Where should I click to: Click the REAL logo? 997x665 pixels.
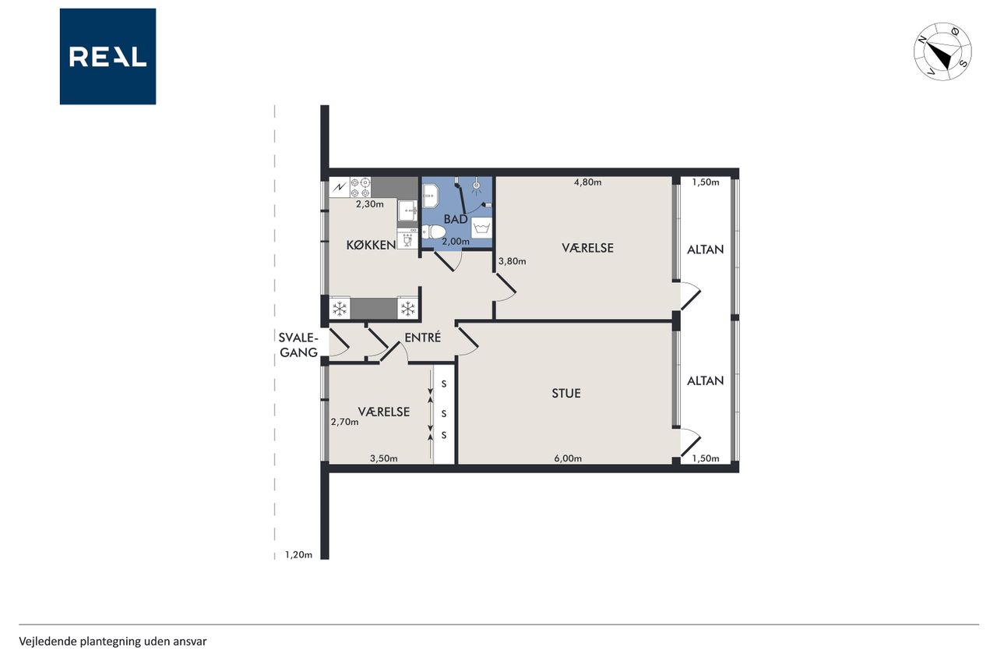pos(107,57)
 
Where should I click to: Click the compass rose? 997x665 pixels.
pos(942,51)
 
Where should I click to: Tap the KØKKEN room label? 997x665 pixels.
pos(372,245)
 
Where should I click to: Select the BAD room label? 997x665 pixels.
pos(456,219)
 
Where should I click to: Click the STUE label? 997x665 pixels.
pos(566,393)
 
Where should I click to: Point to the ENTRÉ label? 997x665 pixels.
pos(422,337)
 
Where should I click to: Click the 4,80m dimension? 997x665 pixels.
pos(587,182)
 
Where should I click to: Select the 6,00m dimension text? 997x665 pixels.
pos(568,458)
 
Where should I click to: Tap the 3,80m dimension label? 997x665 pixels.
pos(512,261)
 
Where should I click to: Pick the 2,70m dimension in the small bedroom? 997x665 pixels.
pos(344,422)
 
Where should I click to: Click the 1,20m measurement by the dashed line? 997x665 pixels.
pos(298,555)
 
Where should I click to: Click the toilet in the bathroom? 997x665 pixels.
pos(433,232)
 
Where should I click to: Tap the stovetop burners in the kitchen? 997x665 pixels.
pos(361,187)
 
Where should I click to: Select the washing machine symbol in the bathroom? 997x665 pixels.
pos(481,228)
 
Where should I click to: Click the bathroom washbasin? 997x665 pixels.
pos(431,196)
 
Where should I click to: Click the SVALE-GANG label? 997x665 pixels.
pos(298,345)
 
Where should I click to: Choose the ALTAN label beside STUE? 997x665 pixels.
pos(705,380)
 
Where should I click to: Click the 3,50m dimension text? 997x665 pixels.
pos(384,458)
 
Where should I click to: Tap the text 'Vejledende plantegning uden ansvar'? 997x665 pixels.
pos(113,642)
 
